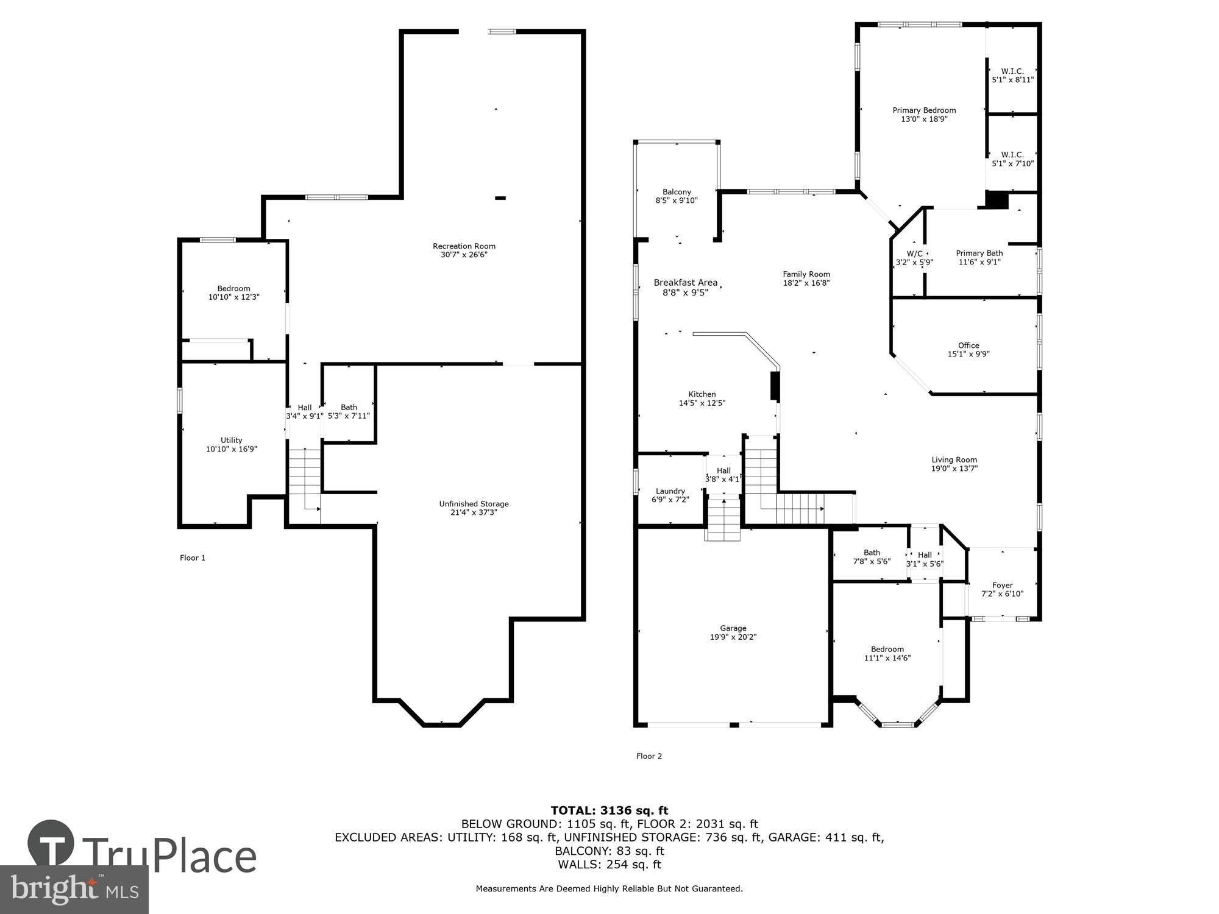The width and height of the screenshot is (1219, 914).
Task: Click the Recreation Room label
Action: pyautogui.click(x=464, y=246)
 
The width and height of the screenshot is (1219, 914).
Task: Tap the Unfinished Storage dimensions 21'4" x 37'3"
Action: pyautogui.click(x=474, y=512)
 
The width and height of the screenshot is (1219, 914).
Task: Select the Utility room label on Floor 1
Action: pyautogui.click(x=231, y=440)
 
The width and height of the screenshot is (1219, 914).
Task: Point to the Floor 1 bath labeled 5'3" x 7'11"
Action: pyautogui.click(x=349, y=411)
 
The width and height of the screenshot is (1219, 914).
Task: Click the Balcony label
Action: pyautogui.click(x=677, y=192)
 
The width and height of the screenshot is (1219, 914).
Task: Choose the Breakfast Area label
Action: pyautogui.click(x=685, y=283)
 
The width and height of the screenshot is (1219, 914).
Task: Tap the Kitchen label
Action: pyautogui.click(x=702, y=394)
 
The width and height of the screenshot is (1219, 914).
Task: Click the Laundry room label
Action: pyautogui.click(x=670, y=491)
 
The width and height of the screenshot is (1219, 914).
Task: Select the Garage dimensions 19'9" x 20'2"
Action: pyautogui.click(x=733, y=637)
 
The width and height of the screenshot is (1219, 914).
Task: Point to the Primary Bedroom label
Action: pyautogui.click(x=924, y=110)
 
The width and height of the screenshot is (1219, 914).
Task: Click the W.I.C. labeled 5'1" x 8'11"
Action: pyautogui.click(x=1012, y=76)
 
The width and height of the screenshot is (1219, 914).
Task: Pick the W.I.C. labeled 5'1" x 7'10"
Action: pyautogui.click(x=1012, y=159)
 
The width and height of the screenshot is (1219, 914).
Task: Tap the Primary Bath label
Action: pyautogui.click(x=979, y=253)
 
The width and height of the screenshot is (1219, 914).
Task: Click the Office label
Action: pyautogui.click(x=968, y=345)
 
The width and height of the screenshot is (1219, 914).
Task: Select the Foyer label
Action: pyautogui.click(x=1002, y=585)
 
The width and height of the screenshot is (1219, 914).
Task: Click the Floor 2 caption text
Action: pyautogui.click(x=649, y=756)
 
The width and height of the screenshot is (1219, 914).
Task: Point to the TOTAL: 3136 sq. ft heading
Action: pyautogui.click(x=609, y=810)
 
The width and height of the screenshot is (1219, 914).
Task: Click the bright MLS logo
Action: pyautogui.click(x=74, y=889)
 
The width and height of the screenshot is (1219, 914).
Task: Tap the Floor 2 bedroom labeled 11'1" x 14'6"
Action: pyautogui.click(x=887, y=653)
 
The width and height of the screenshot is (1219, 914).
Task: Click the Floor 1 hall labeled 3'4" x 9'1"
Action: pyautogui.click(x=304, y=412)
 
